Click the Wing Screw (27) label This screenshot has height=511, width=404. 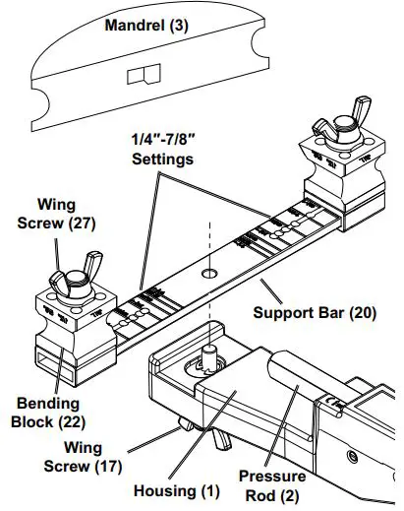tap(64, 214)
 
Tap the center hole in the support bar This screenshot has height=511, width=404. tap(209, 269)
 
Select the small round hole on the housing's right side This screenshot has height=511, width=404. tap(350, 456)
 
